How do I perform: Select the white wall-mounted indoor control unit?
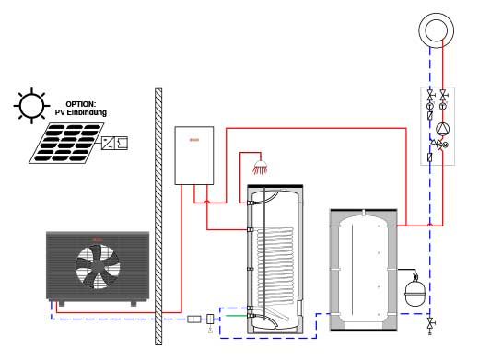(194, 155)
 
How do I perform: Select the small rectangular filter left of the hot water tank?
(194, 319)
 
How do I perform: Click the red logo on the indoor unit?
(194, 138)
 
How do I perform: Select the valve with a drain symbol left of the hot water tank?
(210, 321)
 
